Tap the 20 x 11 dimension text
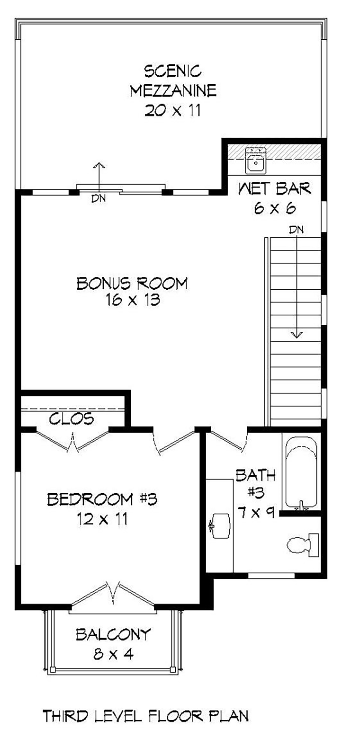click(x=173, y=111)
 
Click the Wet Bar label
click(x=275, y=189)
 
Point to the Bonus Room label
click(x=132, y=283)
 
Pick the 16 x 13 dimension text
click(x=133, y=300)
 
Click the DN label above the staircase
click(x=296, y=230)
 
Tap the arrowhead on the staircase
click(x=297, y=334)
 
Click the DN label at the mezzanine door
click(x=99, y=198)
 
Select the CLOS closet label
click(x=72, y=419)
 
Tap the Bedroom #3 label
click(x=102, y=499)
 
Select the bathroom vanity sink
click(x=220, y=525)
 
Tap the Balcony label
click(x=113, y=634)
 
